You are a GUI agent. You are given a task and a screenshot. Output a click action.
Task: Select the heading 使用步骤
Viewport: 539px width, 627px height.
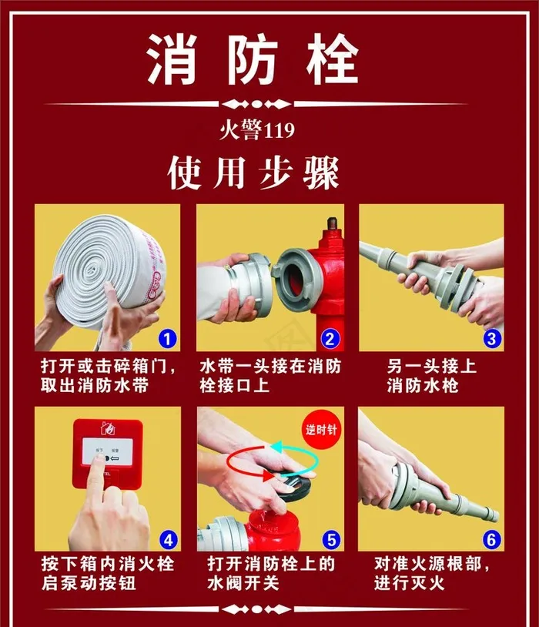[x=253, y=173]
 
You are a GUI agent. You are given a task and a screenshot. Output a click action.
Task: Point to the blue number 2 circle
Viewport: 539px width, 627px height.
[x=329, y=337]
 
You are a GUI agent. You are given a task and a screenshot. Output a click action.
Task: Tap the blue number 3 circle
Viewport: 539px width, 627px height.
[x=490, y=337]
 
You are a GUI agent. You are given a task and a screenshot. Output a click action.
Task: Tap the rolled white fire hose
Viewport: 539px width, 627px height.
[x=104, y=266]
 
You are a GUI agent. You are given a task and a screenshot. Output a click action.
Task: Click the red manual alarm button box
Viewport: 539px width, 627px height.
[x=108, y=454]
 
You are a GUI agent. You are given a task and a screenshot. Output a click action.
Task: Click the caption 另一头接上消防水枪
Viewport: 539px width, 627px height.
[x=431, y=375]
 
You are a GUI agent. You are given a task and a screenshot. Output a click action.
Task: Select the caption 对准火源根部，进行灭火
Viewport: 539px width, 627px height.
[x=431, y=574]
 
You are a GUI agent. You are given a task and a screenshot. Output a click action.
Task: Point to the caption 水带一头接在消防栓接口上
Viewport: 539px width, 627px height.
[x=269, y=375]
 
